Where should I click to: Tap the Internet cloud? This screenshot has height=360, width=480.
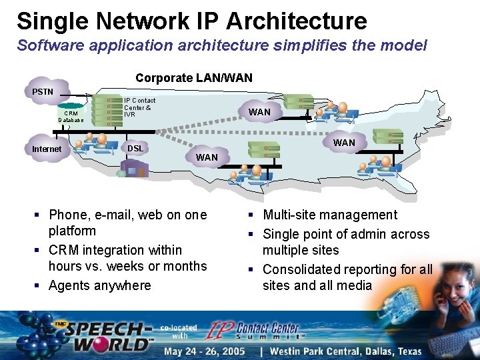[47, 149]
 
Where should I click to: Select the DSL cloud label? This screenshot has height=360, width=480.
[135, 148]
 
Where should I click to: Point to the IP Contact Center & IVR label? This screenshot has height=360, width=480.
[139, 107]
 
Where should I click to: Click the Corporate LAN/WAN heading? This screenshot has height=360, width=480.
[194, 78]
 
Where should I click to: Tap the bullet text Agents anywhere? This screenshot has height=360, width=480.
[100, 285]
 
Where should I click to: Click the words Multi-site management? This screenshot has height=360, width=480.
[330, 215]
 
